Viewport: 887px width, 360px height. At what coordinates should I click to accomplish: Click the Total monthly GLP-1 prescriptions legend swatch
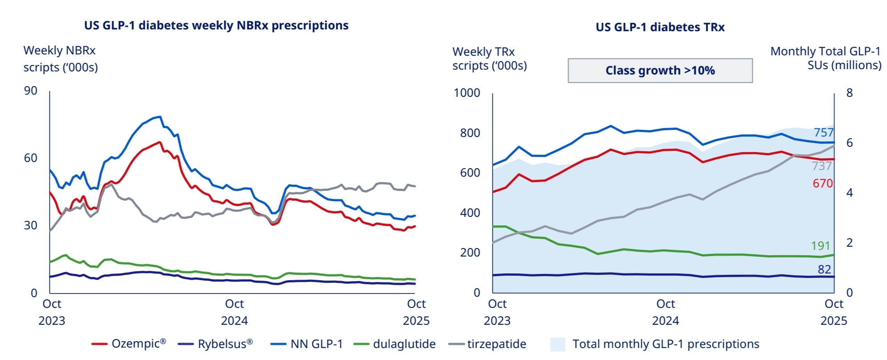click(558, 344)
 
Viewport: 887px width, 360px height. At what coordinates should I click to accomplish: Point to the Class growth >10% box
click(660, 70)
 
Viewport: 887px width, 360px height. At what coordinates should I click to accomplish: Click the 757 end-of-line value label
click(823, 132)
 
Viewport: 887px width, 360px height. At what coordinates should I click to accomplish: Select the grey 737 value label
click(822, 166)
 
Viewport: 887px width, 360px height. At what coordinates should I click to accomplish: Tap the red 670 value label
click(822, 183)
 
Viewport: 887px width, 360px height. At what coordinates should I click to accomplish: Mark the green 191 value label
click(821, 246)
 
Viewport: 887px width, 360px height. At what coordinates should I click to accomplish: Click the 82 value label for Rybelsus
click(824, 269)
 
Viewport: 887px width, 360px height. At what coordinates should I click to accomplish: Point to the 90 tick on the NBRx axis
click(30, 91)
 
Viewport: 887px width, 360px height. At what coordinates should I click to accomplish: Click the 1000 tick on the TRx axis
click(467, 93)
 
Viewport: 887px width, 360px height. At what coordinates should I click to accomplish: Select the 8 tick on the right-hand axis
click(850, 93)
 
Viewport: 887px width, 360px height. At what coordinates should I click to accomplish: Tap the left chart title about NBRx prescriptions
click(216, 25)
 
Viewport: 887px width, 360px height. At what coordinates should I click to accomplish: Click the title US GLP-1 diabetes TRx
click(660, 27)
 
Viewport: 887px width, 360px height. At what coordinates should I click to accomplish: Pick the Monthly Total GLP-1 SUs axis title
click(825, 58)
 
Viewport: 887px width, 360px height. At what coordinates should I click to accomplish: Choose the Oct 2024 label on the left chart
click(234, 312)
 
